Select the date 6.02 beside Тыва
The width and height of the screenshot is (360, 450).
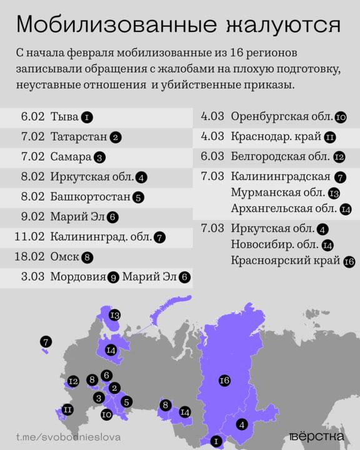[x=32, y=117]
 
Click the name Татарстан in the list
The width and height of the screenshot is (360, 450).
[x=79, y=137]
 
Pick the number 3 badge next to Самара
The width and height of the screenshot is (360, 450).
[x=99, y=157]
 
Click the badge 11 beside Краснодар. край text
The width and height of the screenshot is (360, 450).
[x=331, y=137]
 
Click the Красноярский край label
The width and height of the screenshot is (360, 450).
[x=285, y=260]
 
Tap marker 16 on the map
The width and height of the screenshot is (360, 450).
[x=226, y=381]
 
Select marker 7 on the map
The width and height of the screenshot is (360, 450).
[x=46, y=342]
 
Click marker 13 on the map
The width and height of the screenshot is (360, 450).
[x=114, y=315]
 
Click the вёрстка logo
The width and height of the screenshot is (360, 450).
[x=317, y=436]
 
